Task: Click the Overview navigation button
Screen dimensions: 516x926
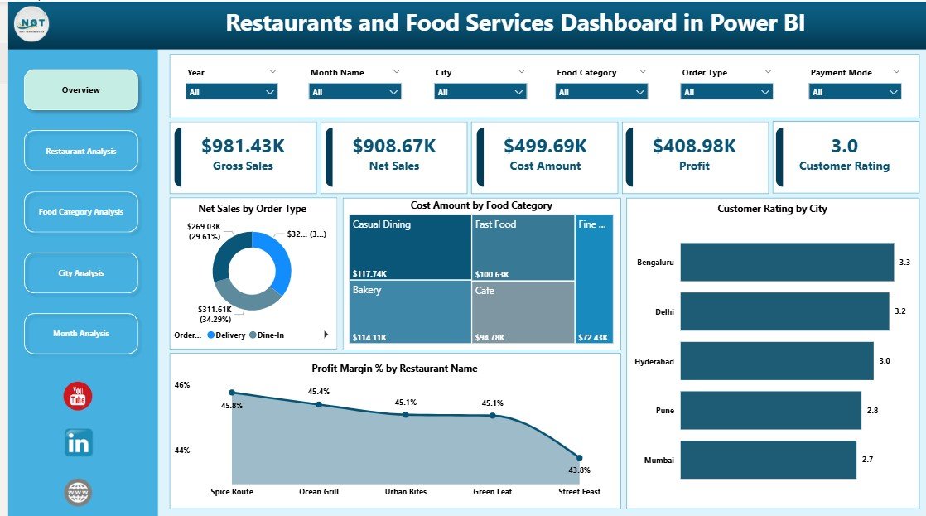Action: pyautogui.click(x=81, y=89)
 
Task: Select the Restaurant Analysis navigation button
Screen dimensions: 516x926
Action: pyautogui.click(x=81, y=151)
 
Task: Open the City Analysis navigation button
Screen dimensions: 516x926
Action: pyautogui.click(x=81, y=272)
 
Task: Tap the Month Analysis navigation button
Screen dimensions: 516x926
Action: pyautogui.click(x=81, y=333)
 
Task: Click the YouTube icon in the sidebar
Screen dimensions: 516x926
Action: pyautogui.click(x=79, y=397)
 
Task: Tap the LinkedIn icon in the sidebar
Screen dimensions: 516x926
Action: pyautogui.click(x=79, y=443)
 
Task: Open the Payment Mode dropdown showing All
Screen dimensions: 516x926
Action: pyautogui.click(x=854, y=92)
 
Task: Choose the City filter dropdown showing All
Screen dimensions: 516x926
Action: pyautogui.click(x=480, y=92)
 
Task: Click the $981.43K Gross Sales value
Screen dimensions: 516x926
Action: pyautogui.click(x=243, y=146)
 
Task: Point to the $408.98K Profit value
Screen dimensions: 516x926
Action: pyautogui.click(x=694, y=146)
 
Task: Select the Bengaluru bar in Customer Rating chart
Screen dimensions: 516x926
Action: pyautogui.click(x=786, y=262)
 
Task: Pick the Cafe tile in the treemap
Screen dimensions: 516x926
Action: pyautogui.click(x=523, y=311)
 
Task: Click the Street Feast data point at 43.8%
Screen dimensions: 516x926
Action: pyautogui.click(x=579, y=457)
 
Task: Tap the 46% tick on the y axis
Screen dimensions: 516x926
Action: pyautogui.click(x=182, y=385)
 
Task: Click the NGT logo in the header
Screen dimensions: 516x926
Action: pyautogui.click(x=31, y=24)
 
